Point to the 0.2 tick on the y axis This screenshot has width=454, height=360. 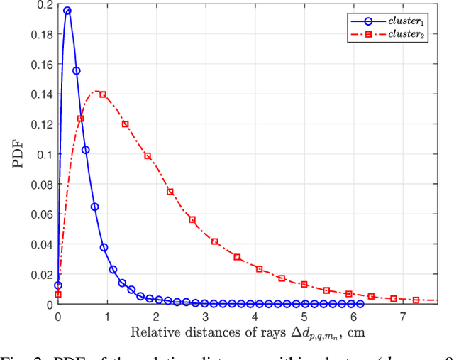click(x=44, y=4)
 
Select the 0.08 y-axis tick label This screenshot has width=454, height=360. click(x=41, y=185)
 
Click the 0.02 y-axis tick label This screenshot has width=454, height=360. click(x=41, y=275)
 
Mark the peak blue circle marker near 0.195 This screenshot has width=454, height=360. click(x=67, y=11)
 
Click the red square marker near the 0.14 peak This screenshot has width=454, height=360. click(x=103, y=94)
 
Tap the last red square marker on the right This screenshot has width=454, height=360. click(x=416, y=300)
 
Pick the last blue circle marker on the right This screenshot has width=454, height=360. click(x=360, y=304)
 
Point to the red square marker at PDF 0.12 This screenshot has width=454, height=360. click(x=125, y=124)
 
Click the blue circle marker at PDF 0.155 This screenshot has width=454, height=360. click(x=76, y=70)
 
